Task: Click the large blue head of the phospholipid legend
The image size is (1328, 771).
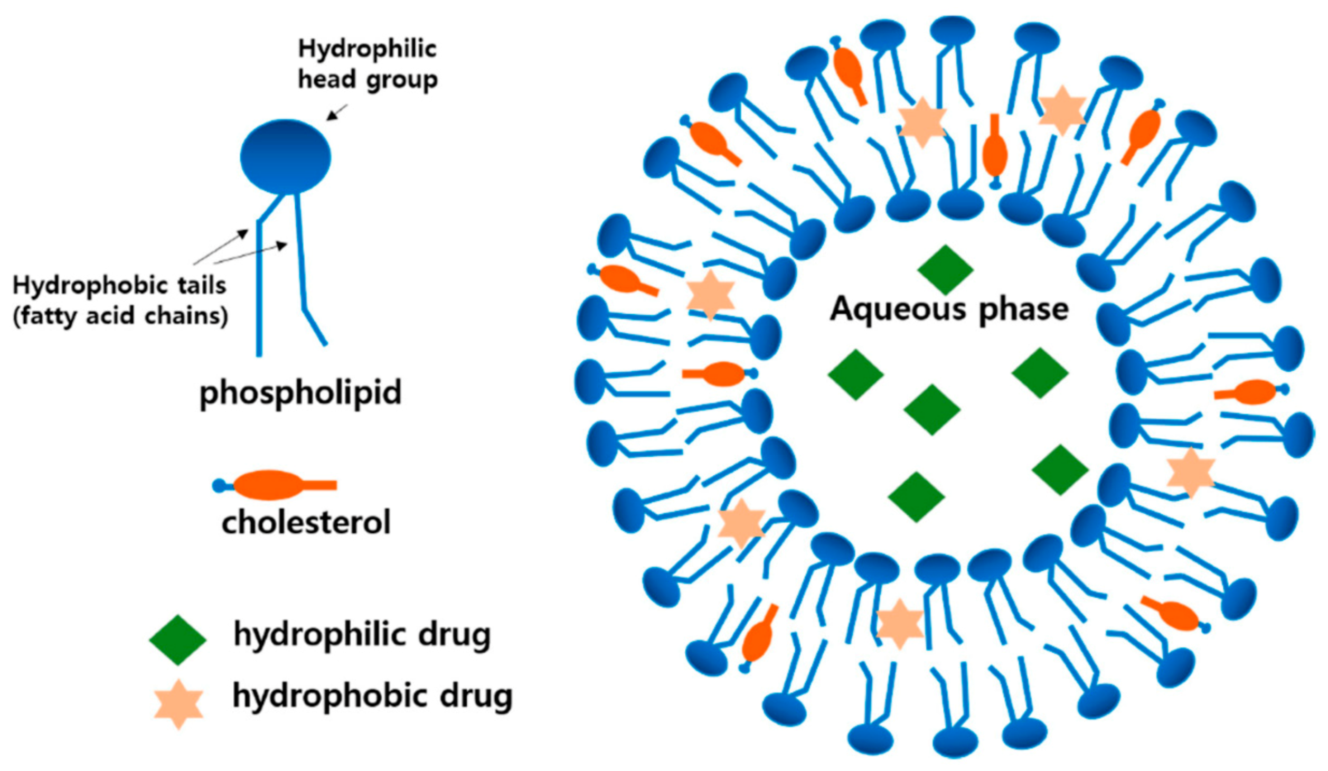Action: [x=286, y=157]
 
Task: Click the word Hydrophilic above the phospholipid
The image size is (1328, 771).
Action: [x=367, y=49]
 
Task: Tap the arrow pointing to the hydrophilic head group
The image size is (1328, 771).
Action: [x=337, y=112]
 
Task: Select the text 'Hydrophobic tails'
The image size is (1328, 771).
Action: [x=119, y=286]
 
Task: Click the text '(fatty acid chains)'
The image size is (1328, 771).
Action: [x=120, y=316]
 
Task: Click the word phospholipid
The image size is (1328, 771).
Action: [x=300, y=392]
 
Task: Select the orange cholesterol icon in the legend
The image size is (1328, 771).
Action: [x=269, y=485]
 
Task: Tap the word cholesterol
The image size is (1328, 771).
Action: [x=306, y=522]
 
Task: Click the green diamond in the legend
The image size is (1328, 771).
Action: [x=177, y=640]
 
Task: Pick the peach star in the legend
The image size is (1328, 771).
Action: [x=178, y=704]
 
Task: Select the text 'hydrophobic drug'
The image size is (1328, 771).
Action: [x=373, y=697]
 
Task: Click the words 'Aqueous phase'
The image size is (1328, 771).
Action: [x=949, y=309]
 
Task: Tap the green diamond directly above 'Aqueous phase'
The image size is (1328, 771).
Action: [x=945, y=269]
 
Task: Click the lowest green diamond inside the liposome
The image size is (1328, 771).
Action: [x=916, y=497]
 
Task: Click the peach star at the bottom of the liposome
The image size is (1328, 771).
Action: [x=900, y=624]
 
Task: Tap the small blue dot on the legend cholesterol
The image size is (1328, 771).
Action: [x=219, y=485]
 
